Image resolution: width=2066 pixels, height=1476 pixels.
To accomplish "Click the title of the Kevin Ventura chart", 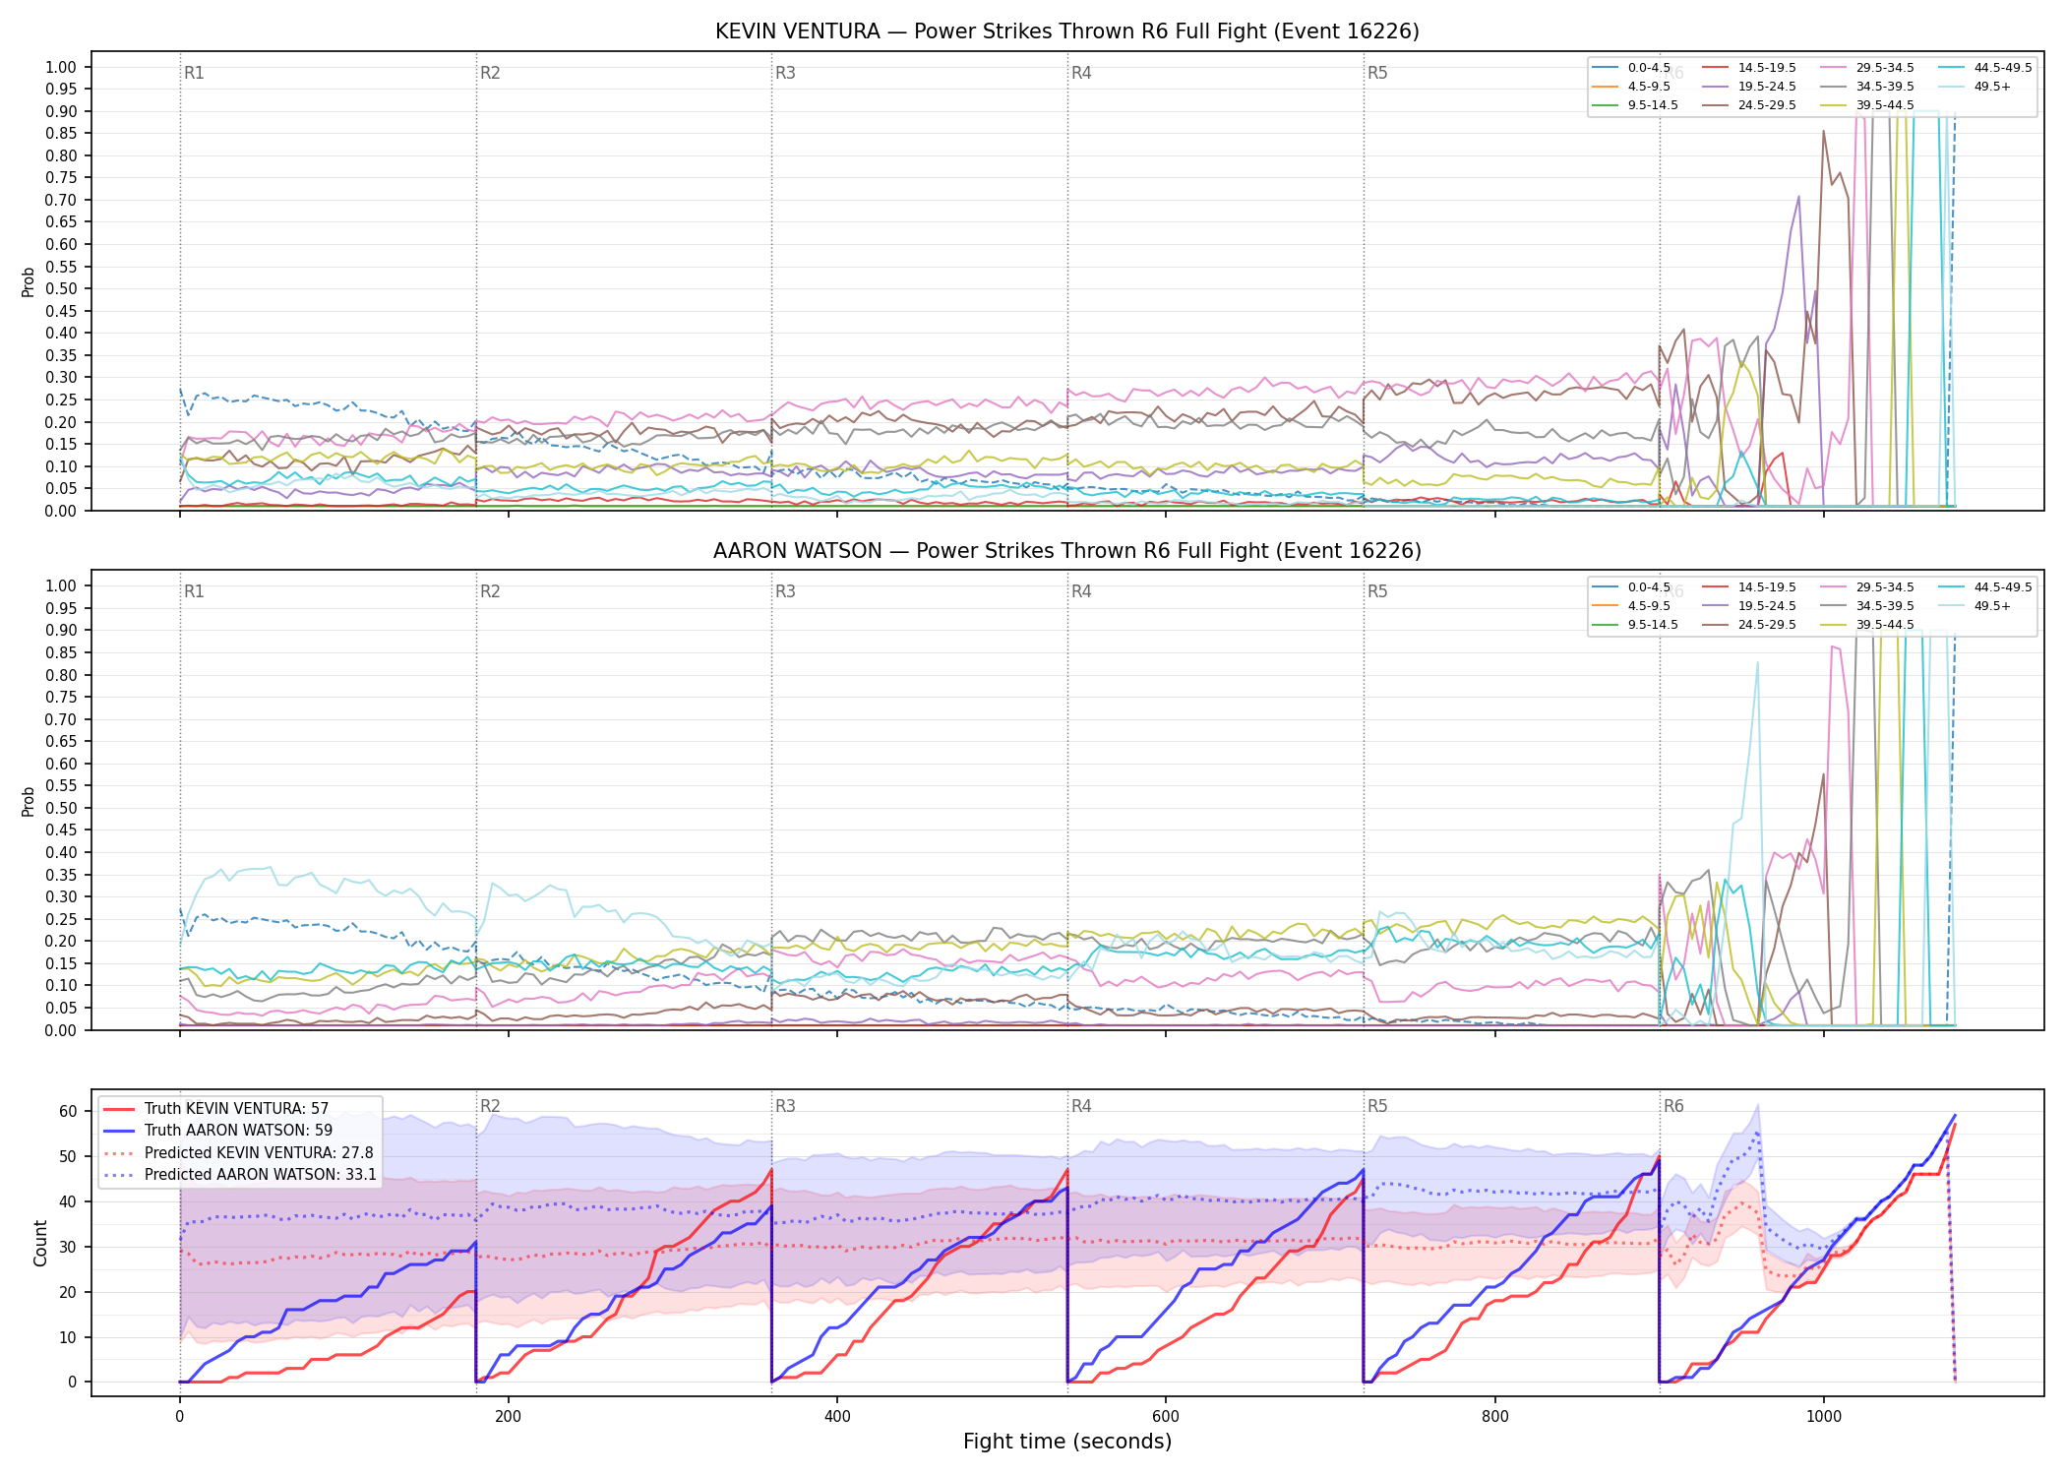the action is coord(1067,31).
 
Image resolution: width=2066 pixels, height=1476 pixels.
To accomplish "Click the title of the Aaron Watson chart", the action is coord(1067,551).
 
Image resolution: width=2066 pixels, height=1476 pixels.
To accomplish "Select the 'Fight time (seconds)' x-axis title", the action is coord(1067,1442).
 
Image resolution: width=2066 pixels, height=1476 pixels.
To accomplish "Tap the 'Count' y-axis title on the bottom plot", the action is coord(40,1243).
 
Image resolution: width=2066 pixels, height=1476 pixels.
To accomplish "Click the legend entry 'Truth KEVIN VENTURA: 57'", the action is coord(236,1109).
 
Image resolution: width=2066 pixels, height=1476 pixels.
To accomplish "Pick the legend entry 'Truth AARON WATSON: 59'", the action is coord(238,1131).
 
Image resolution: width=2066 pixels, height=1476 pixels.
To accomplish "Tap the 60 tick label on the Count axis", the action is coord(68,1111).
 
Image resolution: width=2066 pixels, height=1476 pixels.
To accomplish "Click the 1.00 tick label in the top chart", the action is coord(61,67).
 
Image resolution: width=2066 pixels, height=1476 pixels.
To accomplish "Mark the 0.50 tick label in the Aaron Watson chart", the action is coord(61,808).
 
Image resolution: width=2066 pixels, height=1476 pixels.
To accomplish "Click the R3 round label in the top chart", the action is coord(785,73).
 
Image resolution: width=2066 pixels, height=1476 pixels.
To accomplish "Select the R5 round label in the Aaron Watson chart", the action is coord(1377,591).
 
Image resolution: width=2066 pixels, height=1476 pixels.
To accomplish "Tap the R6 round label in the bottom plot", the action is coord(1673,1106).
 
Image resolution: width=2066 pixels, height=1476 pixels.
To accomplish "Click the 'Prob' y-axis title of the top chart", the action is coord(29,281).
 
